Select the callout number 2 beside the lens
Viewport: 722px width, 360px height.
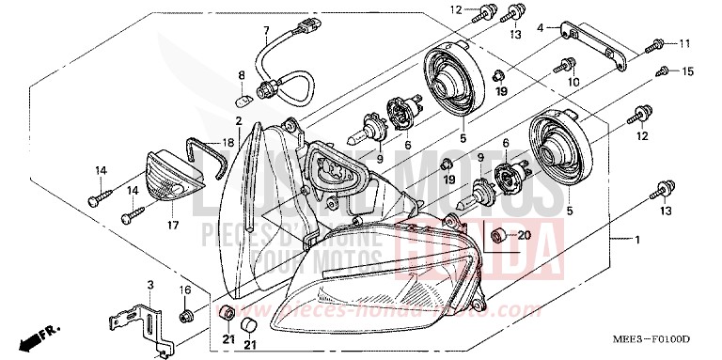(240, 121)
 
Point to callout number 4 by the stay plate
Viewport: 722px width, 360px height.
(541, 29)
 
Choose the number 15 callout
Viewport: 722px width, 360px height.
(688, 71)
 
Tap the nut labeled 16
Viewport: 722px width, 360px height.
(187, 313)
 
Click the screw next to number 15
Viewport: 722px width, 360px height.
(663, 71)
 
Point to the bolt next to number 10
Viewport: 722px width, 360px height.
(566, 66)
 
